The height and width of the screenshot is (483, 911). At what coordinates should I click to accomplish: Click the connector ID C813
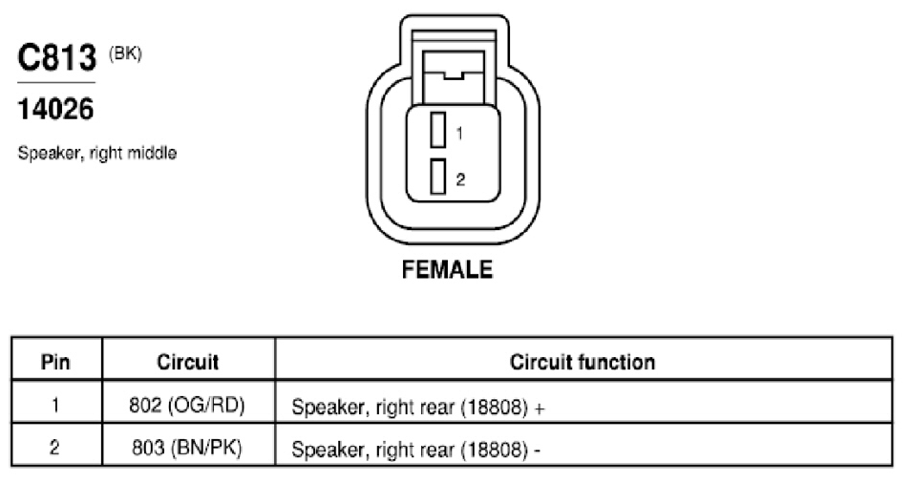[x=56, y=57]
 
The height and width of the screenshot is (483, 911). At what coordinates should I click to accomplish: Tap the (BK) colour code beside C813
[x=125, y=54]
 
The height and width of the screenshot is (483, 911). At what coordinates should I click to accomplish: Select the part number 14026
[x=55, y=109]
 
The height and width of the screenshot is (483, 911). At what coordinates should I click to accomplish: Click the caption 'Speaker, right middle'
[x=97, y=154]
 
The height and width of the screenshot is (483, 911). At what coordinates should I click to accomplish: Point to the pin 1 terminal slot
[x=437, y=130]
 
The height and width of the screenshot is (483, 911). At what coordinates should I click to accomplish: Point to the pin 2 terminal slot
[x=437, y=176]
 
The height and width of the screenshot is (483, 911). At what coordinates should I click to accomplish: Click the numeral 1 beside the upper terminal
[x=459, y=134]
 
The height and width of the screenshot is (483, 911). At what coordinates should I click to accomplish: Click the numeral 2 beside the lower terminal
[x=460, y=179]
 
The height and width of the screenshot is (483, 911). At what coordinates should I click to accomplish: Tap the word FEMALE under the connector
[x=447, y=269]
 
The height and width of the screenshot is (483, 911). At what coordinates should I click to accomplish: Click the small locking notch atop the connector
[x=454, y=75]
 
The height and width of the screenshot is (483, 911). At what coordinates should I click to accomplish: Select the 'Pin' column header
[x=55, y=363]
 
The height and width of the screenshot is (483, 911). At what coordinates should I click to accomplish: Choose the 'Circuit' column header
[x=188, y=363]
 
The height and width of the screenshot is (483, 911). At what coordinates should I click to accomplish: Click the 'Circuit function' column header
[x=583, y=363]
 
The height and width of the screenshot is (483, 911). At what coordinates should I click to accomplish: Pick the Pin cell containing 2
[x=55, y=447]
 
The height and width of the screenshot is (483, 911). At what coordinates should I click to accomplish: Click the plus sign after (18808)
[x=540, y=409]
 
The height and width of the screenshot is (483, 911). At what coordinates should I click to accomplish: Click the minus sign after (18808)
[x=537, y=451]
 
